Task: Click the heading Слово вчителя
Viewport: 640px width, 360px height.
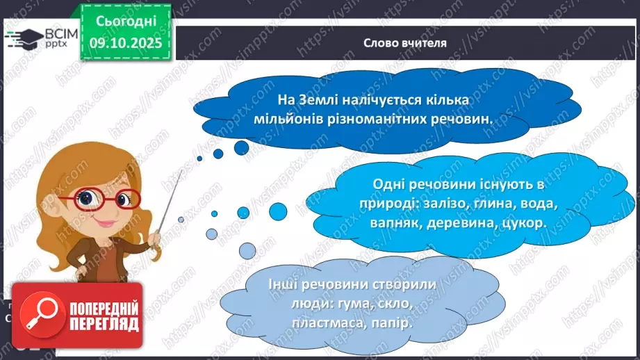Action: pos(405,42)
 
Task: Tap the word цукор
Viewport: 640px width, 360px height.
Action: pos(525,224)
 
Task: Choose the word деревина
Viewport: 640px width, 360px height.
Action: pos(463,224)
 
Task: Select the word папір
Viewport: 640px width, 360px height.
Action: pos(393,324)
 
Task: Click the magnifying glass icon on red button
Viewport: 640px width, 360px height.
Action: pos(38,314)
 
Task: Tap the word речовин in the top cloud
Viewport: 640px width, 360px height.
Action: pos(460,119)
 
